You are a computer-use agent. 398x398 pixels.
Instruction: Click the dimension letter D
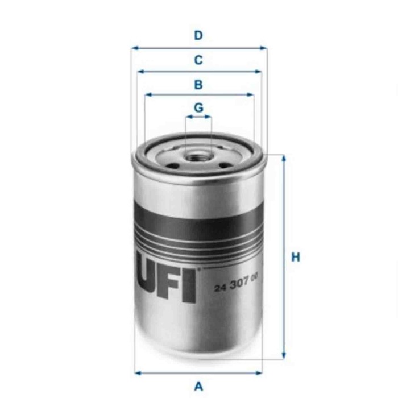pos(198,36)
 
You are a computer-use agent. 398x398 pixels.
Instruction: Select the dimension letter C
pos(198,60)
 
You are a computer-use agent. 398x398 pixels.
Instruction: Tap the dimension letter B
pos(198,85)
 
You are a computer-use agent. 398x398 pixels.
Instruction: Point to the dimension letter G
pos(198,107)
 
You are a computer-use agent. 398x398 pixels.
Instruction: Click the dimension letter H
pos(295,258)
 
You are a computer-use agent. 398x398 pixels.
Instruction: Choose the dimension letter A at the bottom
pos(198,387)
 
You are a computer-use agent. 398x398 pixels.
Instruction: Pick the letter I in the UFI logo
pos(190,286)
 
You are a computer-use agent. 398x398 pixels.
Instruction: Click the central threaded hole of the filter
pos(198,154)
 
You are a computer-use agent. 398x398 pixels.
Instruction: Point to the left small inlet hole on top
pos(175,166)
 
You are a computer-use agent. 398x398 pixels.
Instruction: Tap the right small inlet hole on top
pos(223,165)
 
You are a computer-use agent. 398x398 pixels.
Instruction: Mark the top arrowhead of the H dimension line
pos(284,157)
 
